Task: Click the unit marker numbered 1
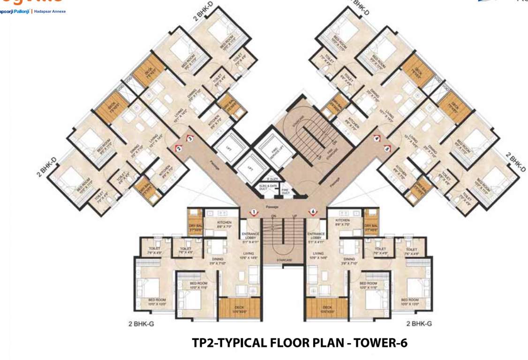(x=253, y=212)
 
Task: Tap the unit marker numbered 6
(x=313, y=212)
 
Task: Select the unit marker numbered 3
(x=190, y=138)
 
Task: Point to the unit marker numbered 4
(x=377, y=138)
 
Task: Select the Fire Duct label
(x=285, y=191)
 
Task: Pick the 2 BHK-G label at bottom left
(x=142, y=323)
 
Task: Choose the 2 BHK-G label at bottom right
(x=419, y=323)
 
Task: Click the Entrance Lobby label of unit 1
(x=250, y=236)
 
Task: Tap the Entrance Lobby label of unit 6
(x=316, y=236)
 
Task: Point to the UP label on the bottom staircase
(x=294, y=216)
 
